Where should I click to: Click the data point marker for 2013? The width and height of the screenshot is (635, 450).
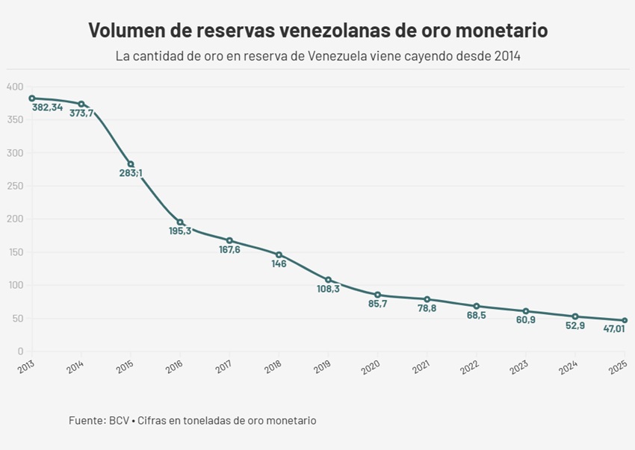point(32,99)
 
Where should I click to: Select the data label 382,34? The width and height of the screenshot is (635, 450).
point(47,107)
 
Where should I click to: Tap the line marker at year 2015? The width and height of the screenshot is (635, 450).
point(131,164)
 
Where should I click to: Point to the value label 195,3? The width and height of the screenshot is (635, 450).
point(180,231)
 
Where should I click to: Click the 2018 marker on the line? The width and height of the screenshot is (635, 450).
point(279,254)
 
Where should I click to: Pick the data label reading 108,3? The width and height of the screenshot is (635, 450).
point(328,289)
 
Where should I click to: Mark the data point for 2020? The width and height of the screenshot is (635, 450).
point(377,295)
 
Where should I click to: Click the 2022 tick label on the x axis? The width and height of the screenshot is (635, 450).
point(469,368)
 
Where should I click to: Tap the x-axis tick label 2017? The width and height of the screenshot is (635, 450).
point(223,368)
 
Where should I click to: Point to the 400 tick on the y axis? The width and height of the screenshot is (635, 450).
point(15,87)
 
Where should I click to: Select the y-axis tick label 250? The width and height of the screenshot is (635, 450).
point(15,186)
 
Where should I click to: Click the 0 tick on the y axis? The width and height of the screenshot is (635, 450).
point(20,351)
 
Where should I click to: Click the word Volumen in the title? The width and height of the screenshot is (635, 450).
point(125,31)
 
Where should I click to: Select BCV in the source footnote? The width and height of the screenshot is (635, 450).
point(119,421)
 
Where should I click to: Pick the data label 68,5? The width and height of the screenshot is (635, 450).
point(476,316)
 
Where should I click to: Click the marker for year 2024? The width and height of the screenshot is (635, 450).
point(575,316)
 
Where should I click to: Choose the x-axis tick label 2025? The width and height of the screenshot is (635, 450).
point(616,368)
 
